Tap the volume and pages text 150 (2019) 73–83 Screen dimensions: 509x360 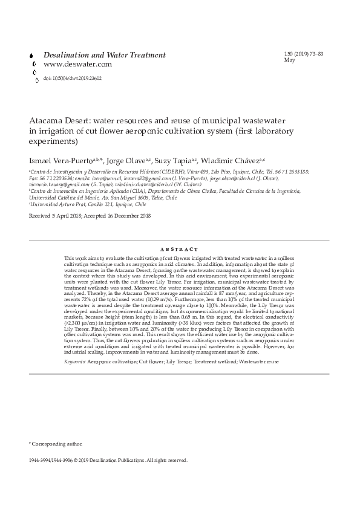coord(303,54)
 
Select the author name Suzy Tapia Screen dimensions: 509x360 coord(172,161)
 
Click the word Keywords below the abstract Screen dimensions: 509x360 coord(75,361)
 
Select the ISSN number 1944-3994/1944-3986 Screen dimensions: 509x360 coord(51,460)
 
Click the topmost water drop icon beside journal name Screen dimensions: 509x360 coord(32,56)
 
